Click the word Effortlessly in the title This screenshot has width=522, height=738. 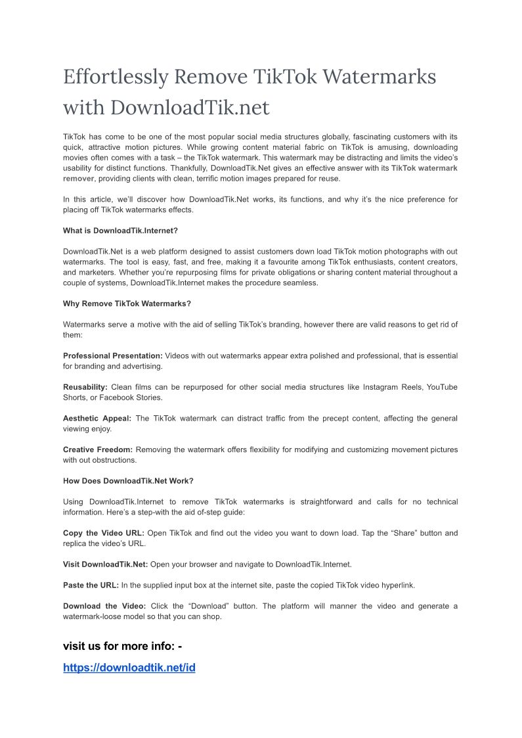click(x=115, y=77)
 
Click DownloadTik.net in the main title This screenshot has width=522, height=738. click(x=190, y=106)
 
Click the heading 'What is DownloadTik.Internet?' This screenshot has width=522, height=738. click(x=120, y=231)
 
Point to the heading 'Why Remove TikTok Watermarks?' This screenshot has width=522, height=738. click(x=127, y=304)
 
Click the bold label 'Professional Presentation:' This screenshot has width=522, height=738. click(x=113, y=356)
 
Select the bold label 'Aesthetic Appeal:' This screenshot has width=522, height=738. click(x=97, y=418)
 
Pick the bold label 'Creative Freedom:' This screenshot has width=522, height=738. click(x=98, y=450)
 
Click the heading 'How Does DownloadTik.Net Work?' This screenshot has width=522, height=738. click(x=128, y=480)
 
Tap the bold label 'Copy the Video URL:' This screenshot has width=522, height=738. click(x=104, y=533)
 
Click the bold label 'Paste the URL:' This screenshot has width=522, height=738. click(x=91, y=585)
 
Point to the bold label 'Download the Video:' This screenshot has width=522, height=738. click(x=104, y=606)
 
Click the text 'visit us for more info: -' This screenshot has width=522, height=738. click(x=122, y=646)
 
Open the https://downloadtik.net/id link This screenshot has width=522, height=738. click(x=129, y=668)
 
